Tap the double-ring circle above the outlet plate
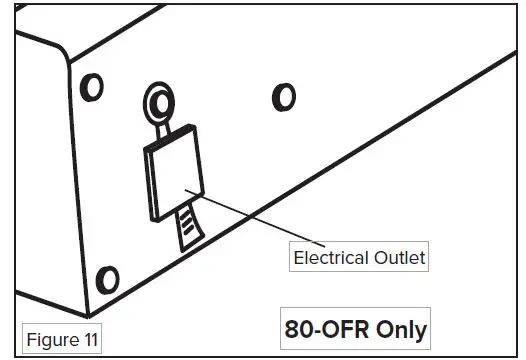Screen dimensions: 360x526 [x=159, y=101]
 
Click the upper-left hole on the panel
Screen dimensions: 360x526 [x=92, y=88]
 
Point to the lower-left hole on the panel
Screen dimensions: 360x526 [x=106, y=278]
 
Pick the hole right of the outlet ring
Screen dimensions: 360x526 [x=284, y=97]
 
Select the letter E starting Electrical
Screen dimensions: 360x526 [x=298, y=258]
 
